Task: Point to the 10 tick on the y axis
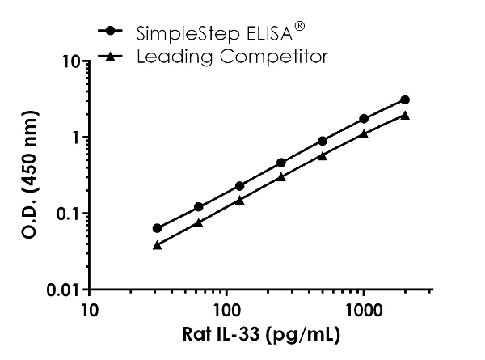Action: pos(67,61)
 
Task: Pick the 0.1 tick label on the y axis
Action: pos(65,214)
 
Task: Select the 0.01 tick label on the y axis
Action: pos(61,290)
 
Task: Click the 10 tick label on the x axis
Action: pos(90,310)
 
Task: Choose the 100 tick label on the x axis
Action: pos(227,310)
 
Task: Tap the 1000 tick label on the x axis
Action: pos(365,310)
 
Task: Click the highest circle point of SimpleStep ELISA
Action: pos(405,100)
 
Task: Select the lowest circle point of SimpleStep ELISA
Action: pos(157,228)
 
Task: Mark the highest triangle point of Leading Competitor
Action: pos(405,115)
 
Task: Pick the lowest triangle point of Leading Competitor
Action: pos(157,244)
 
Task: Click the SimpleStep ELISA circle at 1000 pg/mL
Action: pos(364,118)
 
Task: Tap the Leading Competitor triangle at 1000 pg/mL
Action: pos(364,133)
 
